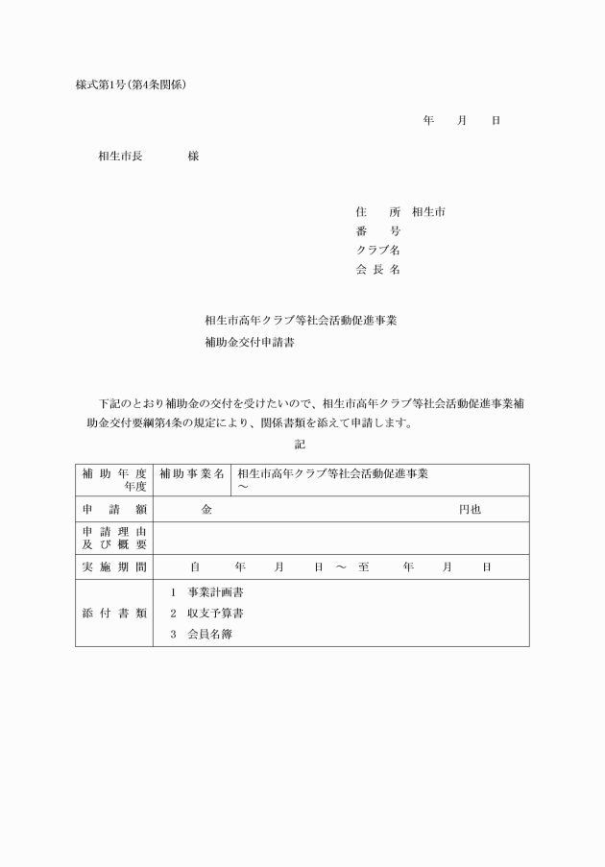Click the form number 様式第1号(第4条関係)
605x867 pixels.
131,84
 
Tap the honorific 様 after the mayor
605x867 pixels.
193,157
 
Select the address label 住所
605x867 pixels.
377,211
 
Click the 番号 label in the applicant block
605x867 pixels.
377,231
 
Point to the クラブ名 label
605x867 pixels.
377,251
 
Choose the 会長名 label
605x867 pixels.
377,270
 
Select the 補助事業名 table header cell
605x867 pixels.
192,473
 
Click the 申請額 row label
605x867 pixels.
113,509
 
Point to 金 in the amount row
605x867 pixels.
206,509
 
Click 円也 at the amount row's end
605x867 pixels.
470,509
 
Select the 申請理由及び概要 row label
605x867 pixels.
113,538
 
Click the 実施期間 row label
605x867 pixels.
113,567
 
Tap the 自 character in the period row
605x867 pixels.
195,567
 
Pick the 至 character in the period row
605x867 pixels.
363,567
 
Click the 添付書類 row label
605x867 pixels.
113,613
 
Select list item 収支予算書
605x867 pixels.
215,613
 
